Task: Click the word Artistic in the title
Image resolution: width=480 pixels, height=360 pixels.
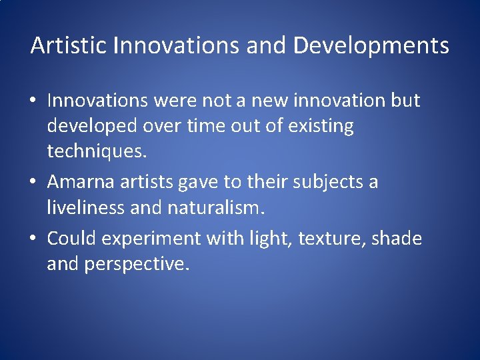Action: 69,46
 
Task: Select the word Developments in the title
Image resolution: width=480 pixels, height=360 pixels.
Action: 371,46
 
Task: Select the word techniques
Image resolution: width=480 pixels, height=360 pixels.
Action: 95,151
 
